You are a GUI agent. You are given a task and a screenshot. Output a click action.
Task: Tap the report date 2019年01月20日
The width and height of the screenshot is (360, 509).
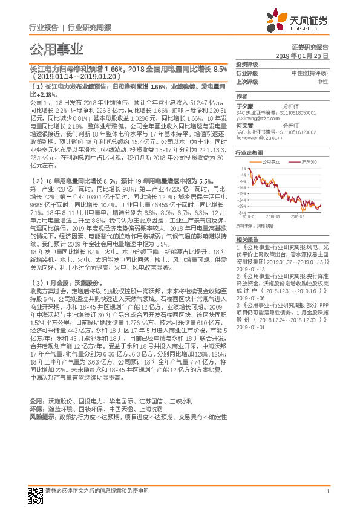click(306, 55)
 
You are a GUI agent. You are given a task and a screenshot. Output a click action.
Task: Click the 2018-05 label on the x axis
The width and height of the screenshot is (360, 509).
click(272, 215)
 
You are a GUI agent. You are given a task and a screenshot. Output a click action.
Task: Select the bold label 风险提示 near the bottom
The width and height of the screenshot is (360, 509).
click(41, 417)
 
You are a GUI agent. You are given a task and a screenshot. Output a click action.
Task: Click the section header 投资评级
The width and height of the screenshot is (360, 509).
click(246, 65)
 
